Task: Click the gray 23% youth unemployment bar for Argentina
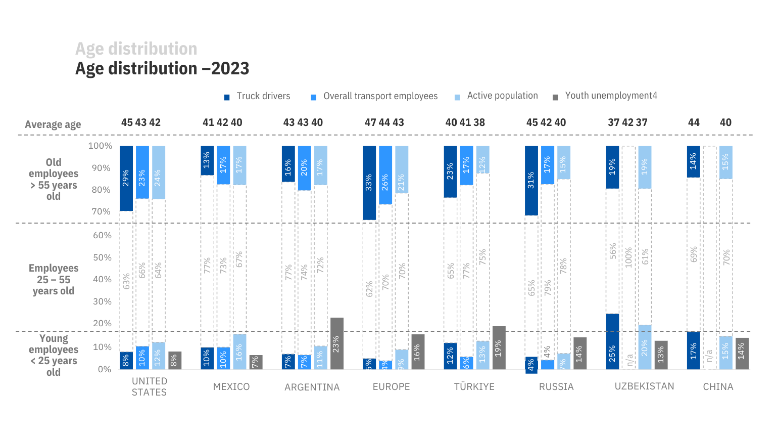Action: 336,343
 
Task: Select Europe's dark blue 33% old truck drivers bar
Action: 369,183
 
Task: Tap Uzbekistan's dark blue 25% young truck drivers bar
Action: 612,341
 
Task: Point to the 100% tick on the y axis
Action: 100,146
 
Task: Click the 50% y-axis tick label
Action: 102,257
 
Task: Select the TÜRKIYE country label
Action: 474,387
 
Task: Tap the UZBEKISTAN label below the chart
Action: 644,386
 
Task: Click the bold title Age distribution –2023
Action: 162,68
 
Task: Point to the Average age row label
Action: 53,124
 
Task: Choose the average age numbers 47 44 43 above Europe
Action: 384,122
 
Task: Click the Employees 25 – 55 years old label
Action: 54,279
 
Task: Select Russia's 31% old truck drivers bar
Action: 531,181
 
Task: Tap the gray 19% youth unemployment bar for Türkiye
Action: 499,347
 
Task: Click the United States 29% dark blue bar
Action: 126,178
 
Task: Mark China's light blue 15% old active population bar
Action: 725,162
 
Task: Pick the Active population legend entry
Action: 502,96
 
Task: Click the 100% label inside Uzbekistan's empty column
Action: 628,257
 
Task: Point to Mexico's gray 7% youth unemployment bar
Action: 256,362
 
